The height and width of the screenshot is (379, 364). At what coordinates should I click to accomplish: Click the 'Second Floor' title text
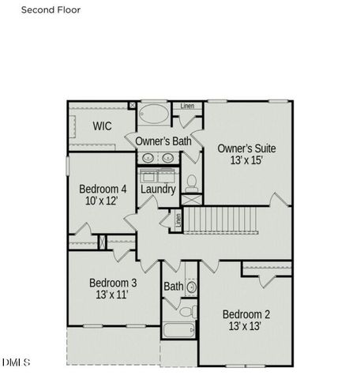point(50,10)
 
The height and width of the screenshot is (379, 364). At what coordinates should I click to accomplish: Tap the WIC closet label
point(103,126)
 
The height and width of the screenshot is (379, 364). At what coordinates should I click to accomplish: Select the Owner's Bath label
point(163,141)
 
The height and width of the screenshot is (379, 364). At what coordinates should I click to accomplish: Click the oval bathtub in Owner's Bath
point(154,115)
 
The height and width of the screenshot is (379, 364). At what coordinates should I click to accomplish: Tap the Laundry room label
point(158,189)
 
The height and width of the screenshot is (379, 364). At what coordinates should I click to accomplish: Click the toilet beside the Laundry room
point(191,183)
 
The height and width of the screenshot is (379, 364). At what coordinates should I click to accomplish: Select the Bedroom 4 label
point(103,189)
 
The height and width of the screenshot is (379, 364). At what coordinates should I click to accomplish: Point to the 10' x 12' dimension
point(102,201)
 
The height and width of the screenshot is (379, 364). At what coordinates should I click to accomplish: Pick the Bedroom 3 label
point(113,283)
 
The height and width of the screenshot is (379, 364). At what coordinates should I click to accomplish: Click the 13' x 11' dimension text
point(111,295)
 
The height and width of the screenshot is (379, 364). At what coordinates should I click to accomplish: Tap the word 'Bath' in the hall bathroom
point(173,286)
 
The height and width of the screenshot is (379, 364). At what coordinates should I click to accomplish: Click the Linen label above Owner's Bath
point(187,106)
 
